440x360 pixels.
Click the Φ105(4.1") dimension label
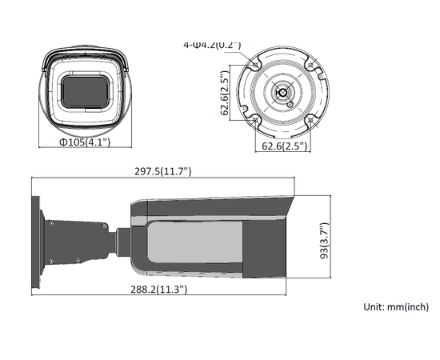point(84,142)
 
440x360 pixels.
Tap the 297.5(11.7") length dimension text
point(164,171)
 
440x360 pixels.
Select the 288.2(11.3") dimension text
point(160,289)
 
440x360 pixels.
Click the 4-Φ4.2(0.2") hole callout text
point(212,45)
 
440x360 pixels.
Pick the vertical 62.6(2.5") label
point(226,94)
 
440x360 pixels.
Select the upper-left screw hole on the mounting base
point(257,63)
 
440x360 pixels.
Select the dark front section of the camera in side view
point(268,246)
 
